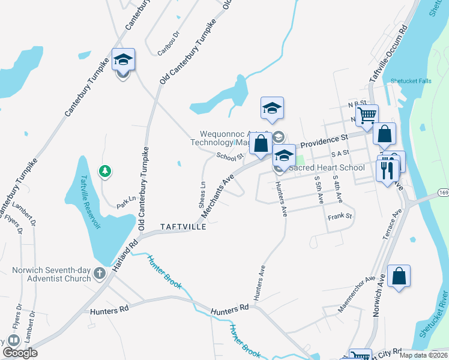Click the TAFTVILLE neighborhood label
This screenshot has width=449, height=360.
click(184, 227)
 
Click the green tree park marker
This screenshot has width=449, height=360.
click(106, 172)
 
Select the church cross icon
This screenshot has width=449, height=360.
click(100, 275)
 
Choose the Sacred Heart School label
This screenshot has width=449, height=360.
click(327, 168)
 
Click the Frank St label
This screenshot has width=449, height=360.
click(340, 215)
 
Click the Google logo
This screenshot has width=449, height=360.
click(20, 353)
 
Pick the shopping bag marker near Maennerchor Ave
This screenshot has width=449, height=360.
click(399, 277)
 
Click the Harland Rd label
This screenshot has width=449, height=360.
click(125, 251)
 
